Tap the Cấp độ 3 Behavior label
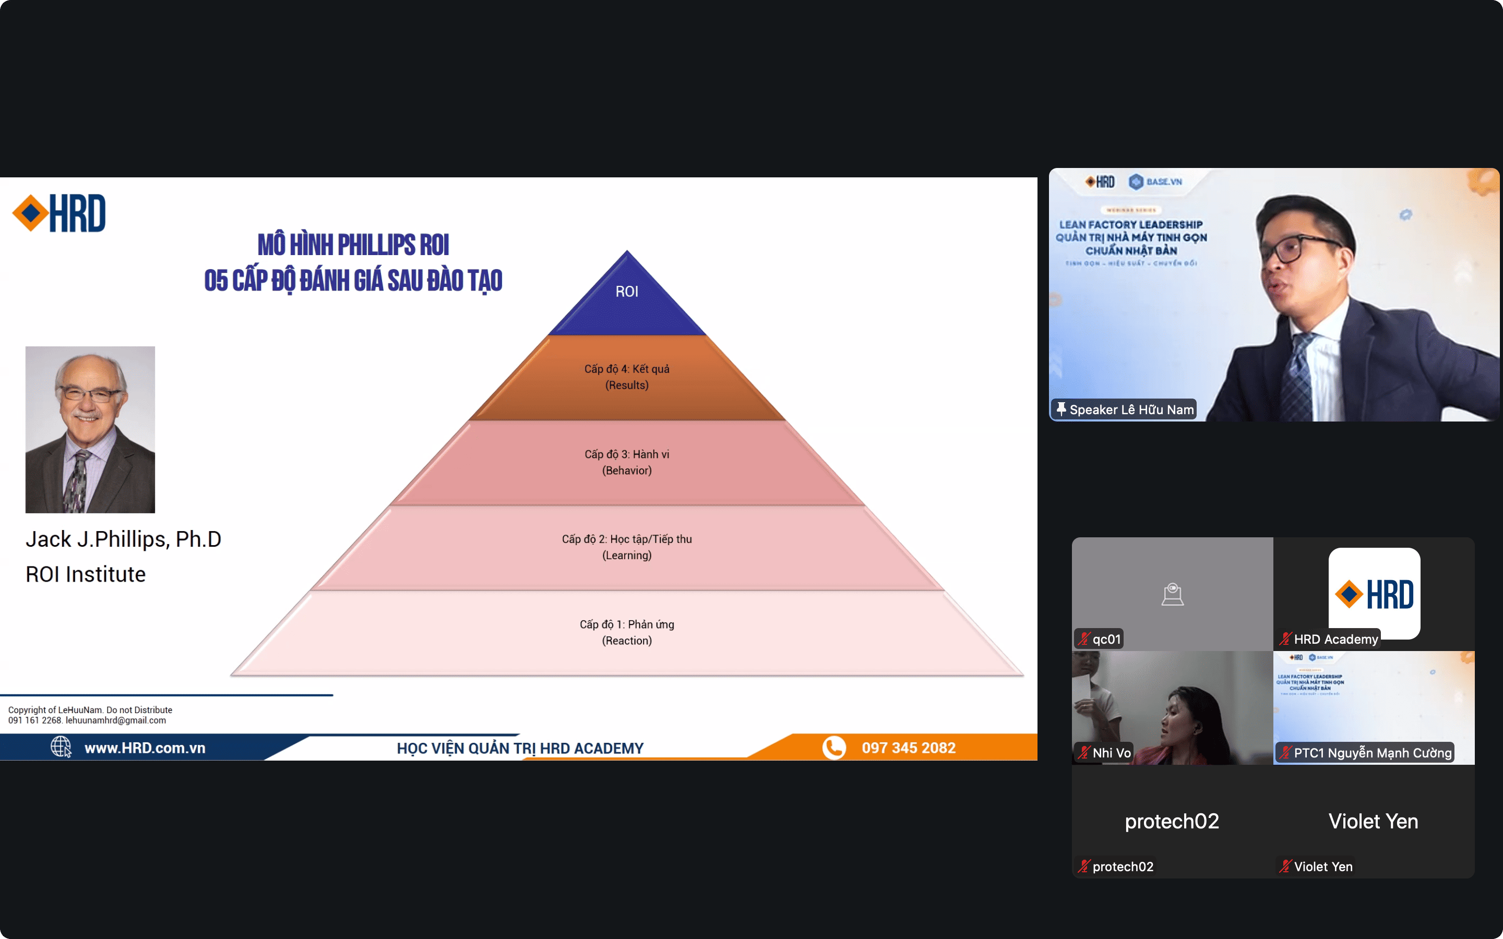pos(627,462)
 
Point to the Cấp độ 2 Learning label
pos(627,547)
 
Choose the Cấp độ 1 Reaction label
pos(627,632)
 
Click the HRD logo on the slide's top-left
pos(59,213)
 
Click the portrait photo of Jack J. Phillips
pos(90,430)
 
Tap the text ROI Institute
pos(86,574)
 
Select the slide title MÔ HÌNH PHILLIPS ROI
pos(353,245)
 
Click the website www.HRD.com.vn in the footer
pos(145,748)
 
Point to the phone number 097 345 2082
pos(908,748)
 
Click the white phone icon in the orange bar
pos(833,747)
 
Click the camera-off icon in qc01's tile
pos(1172,594)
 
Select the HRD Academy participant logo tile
pos(1374,593)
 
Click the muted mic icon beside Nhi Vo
pos(1084,753)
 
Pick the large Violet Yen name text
pos(1373,821)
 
